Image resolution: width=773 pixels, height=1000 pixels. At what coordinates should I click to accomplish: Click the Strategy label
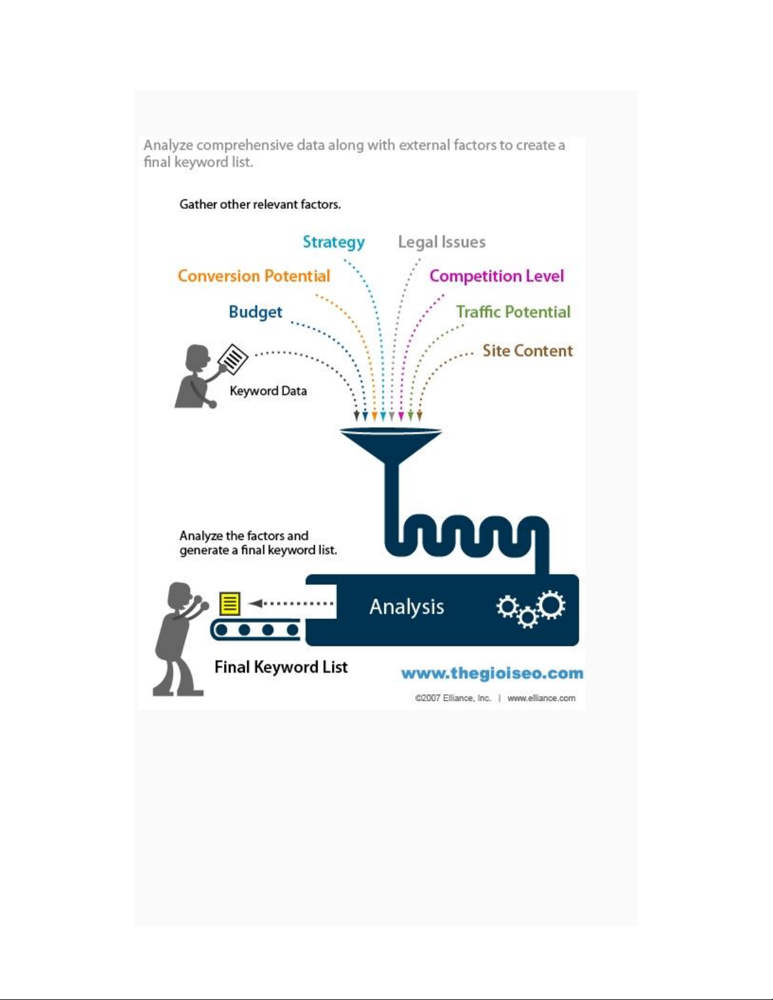[334, 242]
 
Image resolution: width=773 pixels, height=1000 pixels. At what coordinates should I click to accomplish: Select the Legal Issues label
[442, 242]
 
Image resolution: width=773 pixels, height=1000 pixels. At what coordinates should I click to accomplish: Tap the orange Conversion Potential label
[254, 276]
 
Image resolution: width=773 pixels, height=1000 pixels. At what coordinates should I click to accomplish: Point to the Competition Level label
[497, 276]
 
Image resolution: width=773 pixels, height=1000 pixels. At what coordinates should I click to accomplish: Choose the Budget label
[256, 312]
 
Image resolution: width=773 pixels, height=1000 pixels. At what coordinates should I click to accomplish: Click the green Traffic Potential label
[513, 312]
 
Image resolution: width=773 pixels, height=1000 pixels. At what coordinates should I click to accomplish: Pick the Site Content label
[528, 351]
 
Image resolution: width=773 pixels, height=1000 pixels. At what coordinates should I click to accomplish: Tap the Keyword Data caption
[268, 391]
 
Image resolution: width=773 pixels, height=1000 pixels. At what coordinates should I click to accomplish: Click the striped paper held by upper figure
[233, 359]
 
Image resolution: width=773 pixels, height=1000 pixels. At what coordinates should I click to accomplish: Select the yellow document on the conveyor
[230, 603]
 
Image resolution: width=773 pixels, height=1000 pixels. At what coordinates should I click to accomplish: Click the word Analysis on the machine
[407, 606]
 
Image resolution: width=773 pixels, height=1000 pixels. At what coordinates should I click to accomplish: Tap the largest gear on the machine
[552, 605]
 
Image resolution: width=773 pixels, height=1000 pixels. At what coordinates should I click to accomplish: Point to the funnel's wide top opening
[391, 431]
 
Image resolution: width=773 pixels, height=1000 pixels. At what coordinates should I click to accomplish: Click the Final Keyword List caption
[281, 667]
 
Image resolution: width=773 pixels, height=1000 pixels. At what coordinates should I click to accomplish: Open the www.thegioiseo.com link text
[492, 673]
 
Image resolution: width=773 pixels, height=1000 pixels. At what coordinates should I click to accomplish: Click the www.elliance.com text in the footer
[541, 698]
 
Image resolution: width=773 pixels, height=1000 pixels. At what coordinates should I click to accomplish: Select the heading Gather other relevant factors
[260, 204]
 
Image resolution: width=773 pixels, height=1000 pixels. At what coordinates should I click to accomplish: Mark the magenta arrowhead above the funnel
[401, 416]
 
